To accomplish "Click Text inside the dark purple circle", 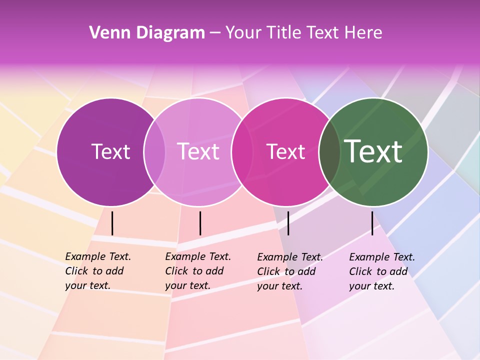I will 110,151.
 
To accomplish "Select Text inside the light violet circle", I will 198,151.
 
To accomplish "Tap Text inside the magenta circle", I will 285,151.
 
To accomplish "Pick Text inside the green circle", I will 373,151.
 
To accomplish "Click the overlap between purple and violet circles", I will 155,151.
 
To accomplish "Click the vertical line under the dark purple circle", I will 112,223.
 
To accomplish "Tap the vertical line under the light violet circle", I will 200,223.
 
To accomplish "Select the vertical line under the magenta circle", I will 288,223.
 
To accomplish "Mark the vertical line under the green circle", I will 372,223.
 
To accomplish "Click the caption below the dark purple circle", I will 97,271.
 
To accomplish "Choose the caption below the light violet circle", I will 197,271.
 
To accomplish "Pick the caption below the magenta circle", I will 289,271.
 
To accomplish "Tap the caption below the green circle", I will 381,271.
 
